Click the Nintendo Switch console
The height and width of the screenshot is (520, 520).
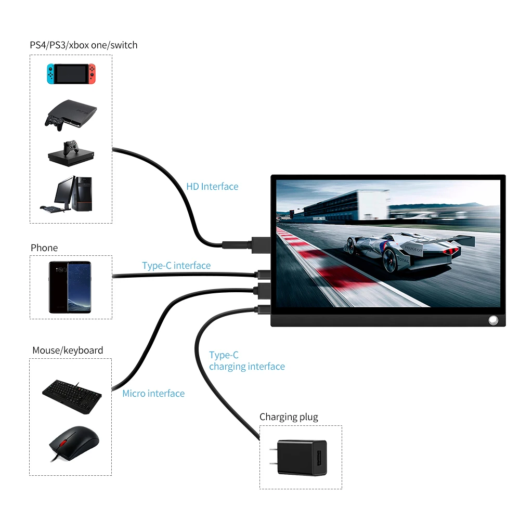[71, 74]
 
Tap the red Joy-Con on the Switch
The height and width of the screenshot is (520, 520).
[92, 74]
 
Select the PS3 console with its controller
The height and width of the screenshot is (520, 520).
[71, 115]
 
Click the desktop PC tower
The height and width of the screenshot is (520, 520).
[82, 194]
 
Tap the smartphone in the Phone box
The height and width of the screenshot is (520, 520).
[70, 287]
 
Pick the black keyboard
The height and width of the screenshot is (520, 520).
[72, 397]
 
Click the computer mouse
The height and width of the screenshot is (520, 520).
[74, 443]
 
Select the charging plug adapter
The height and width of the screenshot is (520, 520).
[300, 458]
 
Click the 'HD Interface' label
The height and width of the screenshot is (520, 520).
[212, 186]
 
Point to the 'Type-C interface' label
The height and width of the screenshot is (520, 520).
[176, 266]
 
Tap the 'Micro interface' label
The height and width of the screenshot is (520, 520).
[153, 393]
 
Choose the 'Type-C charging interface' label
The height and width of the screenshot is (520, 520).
[246, 361]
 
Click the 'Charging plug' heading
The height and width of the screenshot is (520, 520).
[289, 417]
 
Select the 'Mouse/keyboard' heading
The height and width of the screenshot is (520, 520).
[68, 350]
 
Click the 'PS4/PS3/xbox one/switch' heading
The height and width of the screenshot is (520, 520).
[84, 45]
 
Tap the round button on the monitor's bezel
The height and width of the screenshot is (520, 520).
[493, 320]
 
